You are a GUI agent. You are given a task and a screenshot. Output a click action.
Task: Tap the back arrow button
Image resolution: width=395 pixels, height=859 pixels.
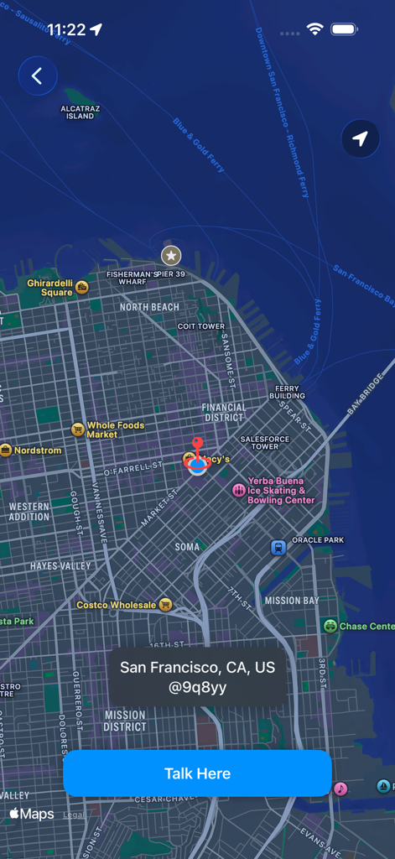(37, 76)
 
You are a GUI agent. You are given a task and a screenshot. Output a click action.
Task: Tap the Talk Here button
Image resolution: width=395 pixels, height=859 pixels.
(197, 773)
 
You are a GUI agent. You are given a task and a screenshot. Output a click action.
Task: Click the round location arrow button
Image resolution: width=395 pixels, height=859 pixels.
(360, 138)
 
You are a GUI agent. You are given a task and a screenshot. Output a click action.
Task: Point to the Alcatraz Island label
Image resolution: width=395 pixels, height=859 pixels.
(80, 112)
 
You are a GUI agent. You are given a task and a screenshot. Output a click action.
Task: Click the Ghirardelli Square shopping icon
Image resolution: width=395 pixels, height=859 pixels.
(82, 288)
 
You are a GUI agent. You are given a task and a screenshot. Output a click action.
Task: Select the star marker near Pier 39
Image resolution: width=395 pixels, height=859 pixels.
(171, 255)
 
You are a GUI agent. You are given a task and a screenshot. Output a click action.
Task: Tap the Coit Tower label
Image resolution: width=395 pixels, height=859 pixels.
(201, 326)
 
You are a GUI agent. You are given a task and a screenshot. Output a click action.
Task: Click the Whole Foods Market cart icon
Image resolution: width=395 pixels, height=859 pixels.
(78, 429)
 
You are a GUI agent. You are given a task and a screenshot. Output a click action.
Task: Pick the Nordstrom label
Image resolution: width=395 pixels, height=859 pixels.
(38, 450)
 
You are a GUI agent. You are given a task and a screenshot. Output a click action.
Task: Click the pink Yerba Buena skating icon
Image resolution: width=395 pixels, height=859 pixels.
(239, 490)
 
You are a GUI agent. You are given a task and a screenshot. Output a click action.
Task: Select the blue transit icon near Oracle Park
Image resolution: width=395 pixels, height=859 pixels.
(278, 548)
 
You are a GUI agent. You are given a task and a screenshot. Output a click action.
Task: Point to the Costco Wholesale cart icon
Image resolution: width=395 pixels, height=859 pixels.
(166, 605)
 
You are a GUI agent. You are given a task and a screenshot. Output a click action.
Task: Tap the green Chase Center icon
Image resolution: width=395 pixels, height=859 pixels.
(330, 626)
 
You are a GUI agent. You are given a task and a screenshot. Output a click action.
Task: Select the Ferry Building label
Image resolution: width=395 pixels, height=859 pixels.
(287, 392)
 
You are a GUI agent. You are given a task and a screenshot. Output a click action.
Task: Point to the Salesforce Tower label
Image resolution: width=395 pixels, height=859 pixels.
(264, 442)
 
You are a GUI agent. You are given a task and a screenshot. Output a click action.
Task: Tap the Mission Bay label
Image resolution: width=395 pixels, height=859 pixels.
(291, 601)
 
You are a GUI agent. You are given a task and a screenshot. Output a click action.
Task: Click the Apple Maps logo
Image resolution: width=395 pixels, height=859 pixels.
(32, 814)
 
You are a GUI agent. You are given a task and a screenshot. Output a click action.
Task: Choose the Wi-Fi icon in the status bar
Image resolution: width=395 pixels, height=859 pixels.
(314, 29)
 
